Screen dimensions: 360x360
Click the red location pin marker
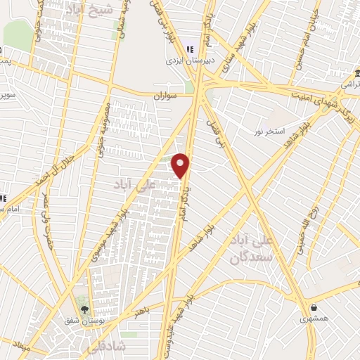click(x=181, y=165)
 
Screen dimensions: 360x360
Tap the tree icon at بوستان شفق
click(x=85, y=309)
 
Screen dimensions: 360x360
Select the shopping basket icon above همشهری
click(x=313, y=308)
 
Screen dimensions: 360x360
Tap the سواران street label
click(x=167, y=93)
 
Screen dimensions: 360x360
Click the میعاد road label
click(x=21, y=347)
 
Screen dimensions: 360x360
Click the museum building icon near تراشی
click(x=357, y=74)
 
